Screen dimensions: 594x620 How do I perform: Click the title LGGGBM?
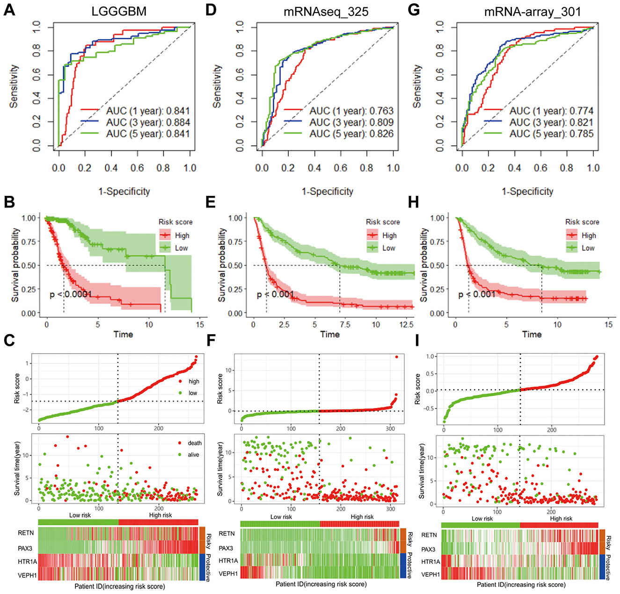point(119,11)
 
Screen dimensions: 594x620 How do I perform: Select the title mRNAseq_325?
point(326,11)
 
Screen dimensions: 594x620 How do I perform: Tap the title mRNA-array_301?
point(532,11)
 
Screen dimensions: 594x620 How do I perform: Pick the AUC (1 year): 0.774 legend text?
point(551,111)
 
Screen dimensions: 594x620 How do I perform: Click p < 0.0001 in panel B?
point(71,294)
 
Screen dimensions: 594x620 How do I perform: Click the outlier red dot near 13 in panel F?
point(396,357)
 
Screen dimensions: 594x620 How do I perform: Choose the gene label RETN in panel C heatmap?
point(26,533)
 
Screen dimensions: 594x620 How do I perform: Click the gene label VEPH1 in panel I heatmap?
point(430,574)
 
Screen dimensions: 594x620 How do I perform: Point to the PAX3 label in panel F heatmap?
point(226,548)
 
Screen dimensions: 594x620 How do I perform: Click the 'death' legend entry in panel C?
point(195,443)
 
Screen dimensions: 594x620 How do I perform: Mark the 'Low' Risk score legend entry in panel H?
point(588,248)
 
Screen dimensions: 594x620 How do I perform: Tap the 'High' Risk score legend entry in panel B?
point(182,236)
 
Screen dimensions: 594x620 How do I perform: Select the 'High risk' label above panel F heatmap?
point(362,517)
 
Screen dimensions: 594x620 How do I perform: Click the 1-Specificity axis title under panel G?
point(527,191)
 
